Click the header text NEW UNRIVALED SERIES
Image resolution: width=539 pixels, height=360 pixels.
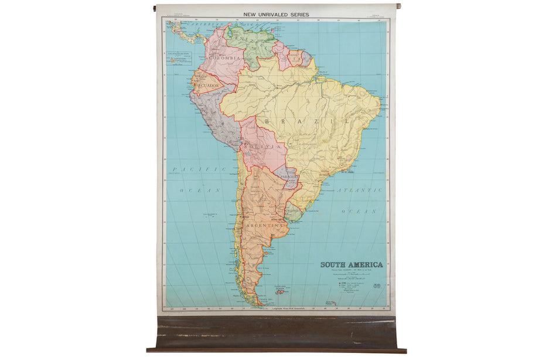click(276, 14)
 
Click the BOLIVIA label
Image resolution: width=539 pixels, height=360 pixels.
click(258, 144)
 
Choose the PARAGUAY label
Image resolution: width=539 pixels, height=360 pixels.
click(286, 176)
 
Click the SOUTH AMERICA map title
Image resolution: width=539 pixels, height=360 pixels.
click(351, 264)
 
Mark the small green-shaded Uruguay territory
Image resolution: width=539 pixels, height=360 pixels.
click(294, 214)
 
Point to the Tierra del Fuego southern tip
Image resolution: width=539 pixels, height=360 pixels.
click(255, 301)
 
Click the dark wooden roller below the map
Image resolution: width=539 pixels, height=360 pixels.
click(275, 334)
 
